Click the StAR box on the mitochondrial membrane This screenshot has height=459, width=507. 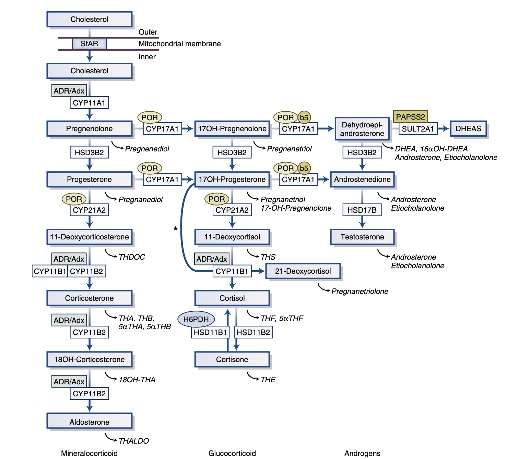(89, 44)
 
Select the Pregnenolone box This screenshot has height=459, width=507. (90, 128)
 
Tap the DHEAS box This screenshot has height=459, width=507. (468, 128)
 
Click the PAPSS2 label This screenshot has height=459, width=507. (411, 117)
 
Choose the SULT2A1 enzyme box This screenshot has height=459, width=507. (418, 129)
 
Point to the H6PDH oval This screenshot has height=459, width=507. (196, 319)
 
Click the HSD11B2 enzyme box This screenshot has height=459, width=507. (254, 332)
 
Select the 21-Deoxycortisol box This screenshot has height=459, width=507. (303, 271)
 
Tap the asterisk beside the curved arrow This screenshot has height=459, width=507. (176, 229)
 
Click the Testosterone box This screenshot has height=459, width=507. (363, 237)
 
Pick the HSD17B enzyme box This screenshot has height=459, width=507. (362, 210)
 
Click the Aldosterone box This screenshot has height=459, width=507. (90, 422)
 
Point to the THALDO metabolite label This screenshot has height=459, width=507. (134, 441)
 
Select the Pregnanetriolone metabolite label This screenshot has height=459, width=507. (359, 291)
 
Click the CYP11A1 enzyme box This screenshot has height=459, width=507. (89, 103)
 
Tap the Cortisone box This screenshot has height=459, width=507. (232, 359)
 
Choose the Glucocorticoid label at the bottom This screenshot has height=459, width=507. (232, 453)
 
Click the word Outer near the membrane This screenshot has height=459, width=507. (148, 32)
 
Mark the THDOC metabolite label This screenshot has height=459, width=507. (132, 257)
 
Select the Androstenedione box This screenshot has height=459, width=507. (363, 179)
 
